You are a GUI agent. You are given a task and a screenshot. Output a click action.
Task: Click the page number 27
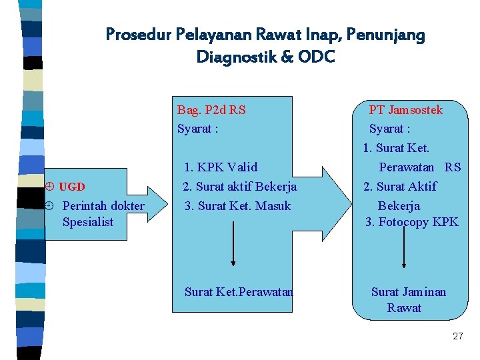point(457,337)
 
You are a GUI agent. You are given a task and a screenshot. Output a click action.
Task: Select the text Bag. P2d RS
point(211,110)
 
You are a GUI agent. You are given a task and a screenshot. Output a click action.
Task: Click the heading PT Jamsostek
point(406,110)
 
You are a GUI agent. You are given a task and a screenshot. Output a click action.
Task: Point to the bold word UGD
point(72,187)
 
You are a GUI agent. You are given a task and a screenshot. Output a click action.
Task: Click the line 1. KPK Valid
point(221,167)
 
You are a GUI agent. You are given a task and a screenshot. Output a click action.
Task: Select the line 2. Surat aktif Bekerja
point(239,187)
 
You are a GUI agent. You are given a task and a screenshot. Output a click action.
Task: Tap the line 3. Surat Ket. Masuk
point(237,206)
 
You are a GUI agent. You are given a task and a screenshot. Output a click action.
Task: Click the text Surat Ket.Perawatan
point(239,291)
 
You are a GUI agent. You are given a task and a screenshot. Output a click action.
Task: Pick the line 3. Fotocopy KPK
point(411,222)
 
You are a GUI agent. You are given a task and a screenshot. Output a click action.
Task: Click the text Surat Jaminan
point(409,292)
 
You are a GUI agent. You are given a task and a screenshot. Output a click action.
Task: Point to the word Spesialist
point(88,222)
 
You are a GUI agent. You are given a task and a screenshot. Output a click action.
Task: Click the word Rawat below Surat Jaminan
point(404,308)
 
